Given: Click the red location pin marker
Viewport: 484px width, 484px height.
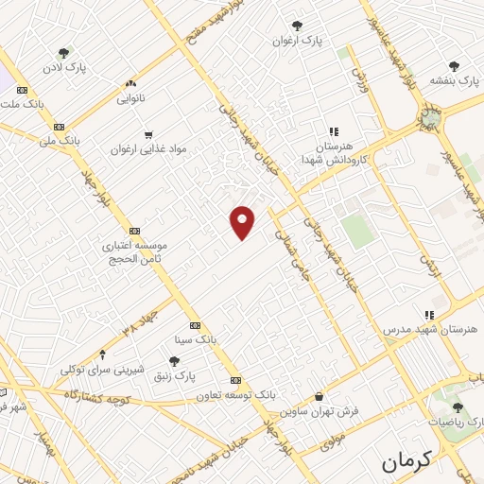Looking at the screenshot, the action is pos(243,222).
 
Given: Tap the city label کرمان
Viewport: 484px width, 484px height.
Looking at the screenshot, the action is pos(406,462).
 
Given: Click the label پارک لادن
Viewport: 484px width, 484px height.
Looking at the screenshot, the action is pos(63,70).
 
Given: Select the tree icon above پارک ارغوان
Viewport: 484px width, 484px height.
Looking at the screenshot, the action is pos(298,26).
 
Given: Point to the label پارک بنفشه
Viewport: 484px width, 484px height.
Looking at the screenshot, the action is pos(454,81).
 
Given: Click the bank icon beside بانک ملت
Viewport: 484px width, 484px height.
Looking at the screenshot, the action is pos(22,90).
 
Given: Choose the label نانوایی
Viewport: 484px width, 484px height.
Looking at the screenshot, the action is pos(130,97).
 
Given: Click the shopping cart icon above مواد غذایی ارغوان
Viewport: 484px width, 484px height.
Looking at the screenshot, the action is pos(147,135).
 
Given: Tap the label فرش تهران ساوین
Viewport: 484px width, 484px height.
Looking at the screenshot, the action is pos(319,413).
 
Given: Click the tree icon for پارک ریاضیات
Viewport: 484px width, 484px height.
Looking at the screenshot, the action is pos(458,407).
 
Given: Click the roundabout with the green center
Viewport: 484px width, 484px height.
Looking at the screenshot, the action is pos(430,117).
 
